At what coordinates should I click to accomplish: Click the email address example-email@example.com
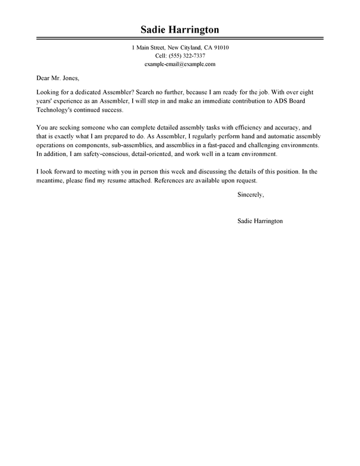[180, 63]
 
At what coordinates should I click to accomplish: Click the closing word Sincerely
[250, 195]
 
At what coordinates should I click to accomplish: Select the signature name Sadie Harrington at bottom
[259, 220]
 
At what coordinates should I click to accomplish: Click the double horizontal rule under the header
[180, 39]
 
